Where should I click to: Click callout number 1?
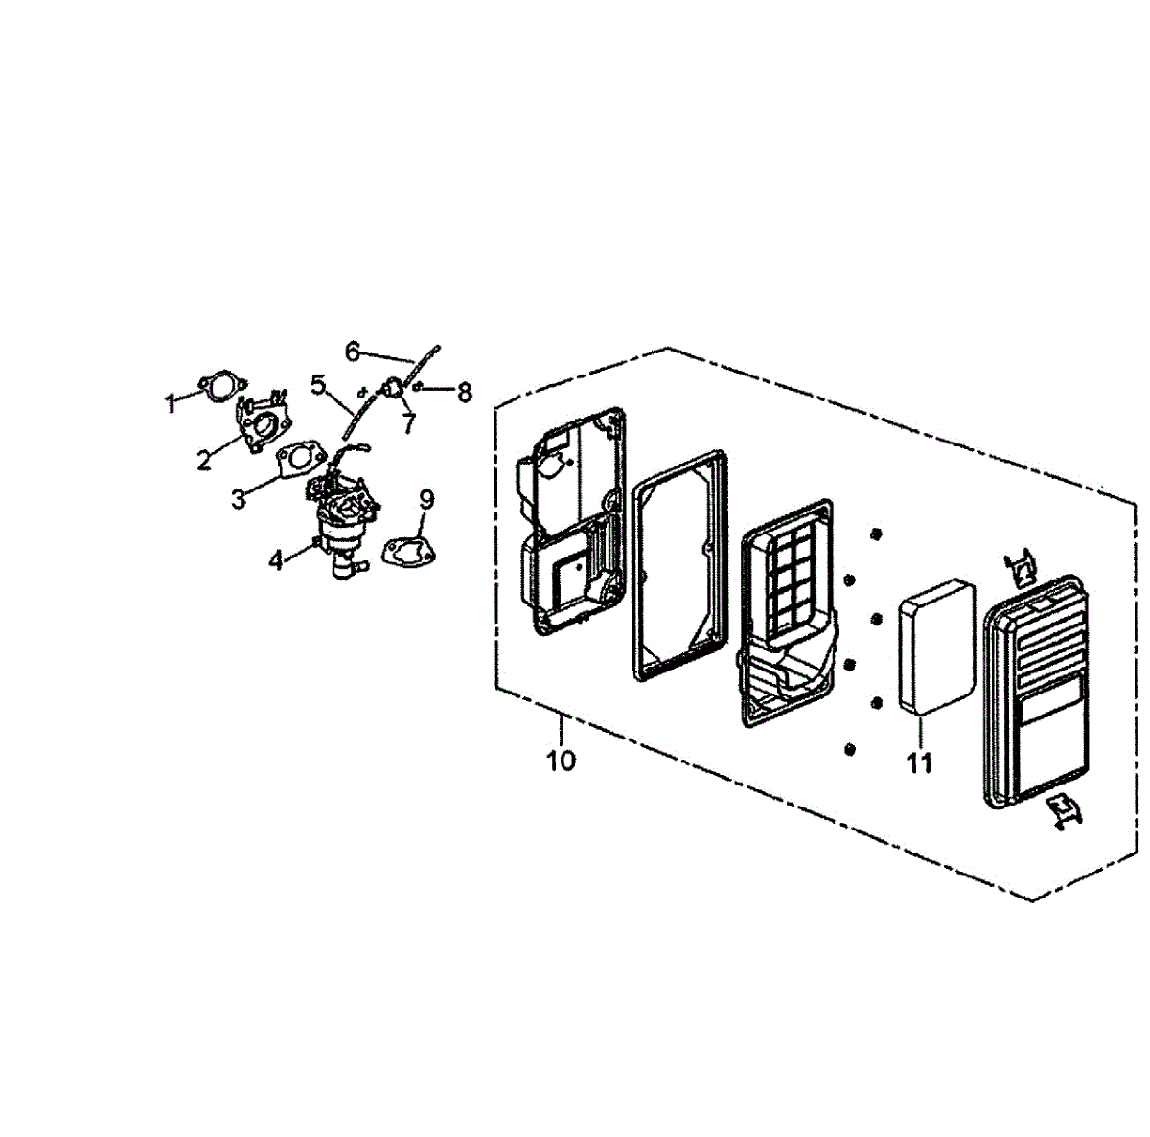[x=171, y=404]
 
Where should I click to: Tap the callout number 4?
[x=276, y=561]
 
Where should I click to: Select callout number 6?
[x=352, y=352]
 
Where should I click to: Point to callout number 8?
[x=464, y=392]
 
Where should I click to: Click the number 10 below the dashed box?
[x=562, y=762]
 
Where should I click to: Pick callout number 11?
[x=920, y=762]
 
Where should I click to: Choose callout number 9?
[x=426, y=499]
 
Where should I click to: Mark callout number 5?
[x=319, y=385]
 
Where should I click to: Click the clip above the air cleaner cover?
[x=1022, y=567]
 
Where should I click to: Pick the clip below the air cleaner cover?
[x=1063, y=810]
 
